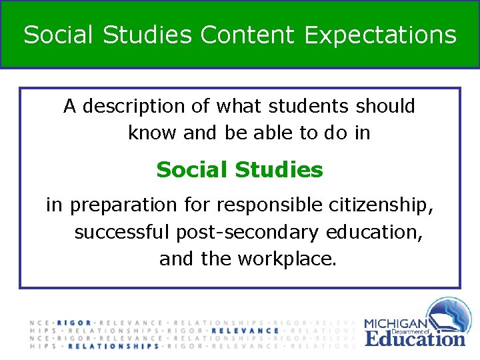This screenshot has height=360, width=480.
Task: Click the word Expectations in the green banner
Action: tap(380, 35)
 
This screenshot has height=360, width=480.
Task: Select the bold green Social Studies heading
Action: tap(239, 170)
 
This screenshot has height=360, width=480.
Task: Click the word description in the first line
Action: tap(135, 107)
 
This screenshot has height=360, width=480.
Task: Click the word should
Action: tap(385, 107)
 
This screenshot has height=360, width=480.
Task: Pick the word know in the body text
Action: tap(153, 133)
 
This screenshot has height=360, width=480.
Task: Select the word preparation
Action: tap(124, 205)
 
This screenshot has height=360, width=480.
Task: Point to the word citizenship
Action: tap(381, 205)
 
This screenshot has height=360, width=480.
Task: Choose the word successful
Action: tap(123, 233)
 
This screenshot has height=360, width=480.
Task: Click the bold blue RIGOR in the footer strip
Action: tap(74, 323)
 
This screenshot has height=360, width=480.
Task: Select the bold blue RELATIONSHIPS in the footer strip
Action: tap(114, 347)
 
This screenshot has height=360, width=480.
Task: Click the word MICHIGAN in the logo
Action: tap(396, 324)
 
